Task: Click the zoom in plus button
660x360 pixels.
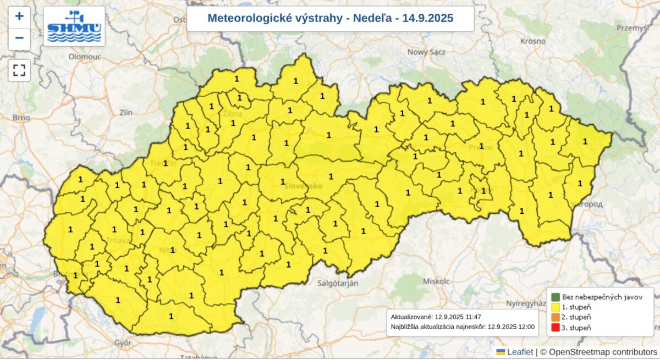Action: click(x=19, y=16)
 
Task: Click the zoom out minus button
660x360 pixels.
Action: click(x=19, y=38)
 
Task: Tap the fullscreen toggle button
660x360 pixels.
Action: click(x=19, y=70)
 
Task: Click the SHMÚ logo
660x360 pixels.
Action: click(x=74, y=26)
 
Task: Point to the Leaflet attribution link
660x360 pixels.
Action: click(x=519, y=352)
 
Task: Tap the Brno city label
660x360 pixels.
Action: click(x=21, y=118)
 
